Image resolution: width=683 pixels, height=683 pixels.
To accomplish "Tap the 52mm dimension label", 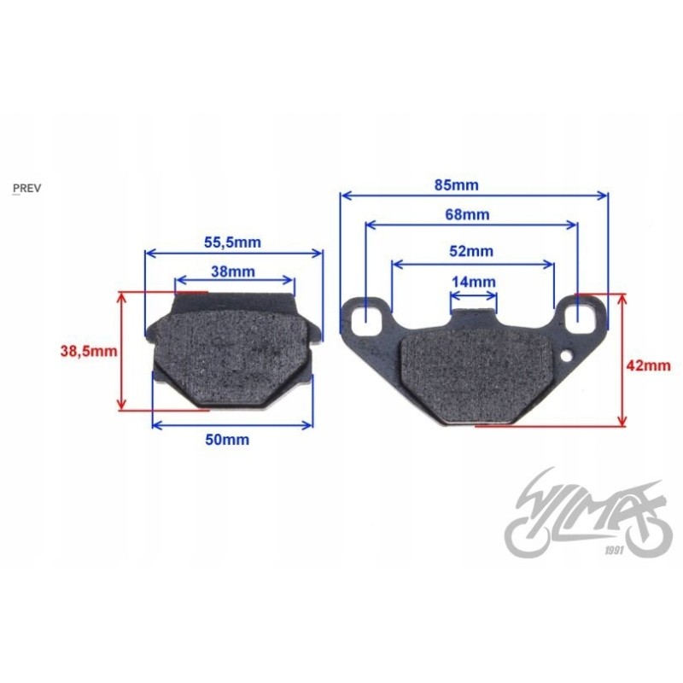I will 470,251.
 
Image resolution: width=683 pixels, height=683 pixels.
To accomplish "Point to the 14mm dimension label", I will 472,282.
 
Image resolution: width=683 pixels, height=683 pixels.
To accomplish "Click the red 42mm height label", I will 648,365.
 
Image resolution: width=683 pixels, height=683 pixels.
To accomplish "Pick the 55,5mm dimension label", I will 232,242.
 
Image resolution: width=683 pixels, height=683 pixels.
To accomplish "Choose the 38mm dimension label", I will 232,271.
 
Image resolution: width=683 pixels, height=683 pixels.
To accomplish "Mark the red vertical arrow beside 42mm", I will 623,359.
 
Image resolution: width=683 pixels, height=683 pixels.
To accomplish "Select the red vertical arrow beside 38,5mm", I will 122,350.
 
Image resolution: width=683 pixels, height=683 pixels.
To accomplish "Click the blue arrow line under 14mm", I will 473,295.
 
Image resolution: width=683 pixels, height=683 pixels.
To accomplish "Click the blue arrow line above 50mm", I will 231,424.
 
